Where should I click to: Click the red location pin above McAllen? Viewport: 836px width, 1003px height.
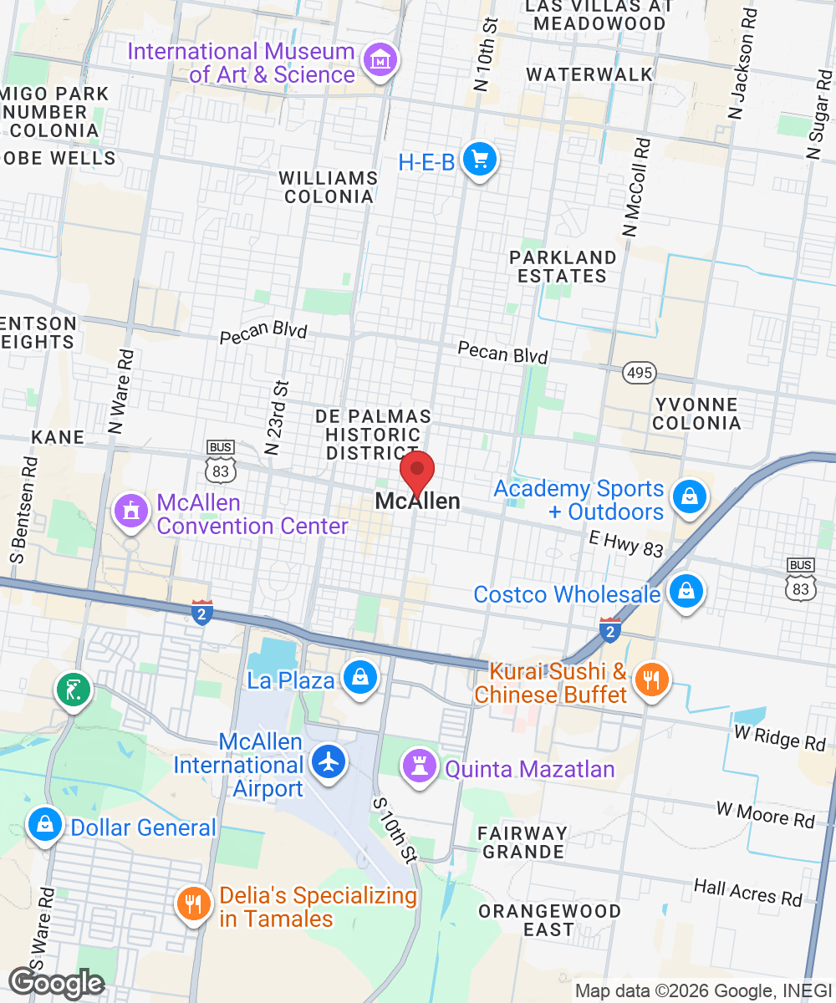[x=416, y=473]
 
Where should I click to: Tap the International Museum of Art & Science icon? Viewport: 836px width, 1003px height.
[x=381, y=61]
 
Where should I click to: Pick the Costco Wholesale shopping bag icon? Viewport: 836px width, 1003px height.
[x=686, y=591]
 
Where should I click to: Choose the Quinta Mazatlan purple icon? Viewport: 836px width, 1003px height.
[x=420, y=766]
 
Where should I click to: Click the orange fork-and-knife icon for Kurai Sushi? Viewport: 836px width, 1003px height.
[x=649, y=679]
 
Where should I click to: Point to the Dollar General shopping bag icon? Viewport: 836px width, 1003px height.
[x=44, y=824]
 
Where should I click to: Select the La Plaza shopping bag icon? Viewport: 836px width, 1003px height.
[x=360, y=676]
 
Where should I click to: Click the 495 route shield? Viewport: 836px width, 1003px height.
[x=640, y=372]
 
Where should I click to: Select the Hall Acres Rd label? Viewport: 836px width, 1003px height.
[x=747, y=892]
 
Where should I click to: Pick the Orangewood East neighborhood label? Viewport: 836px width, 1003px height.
[x=548, y=919]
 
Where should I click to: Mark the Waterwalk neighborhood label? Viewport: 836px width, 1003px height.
[x=589, y=74]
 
